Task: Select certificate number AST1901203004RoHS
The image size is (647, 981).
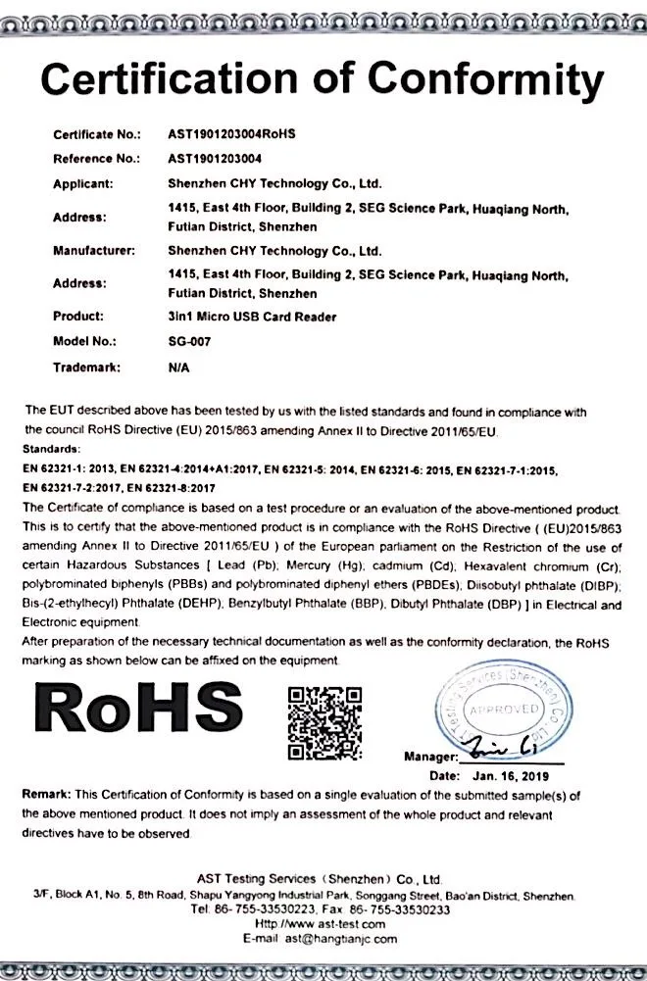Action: click(231, 133)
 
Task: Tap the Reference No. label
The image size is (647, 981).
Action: click(96, 158)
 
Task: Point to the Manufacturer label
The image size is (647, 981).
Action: click(93, 251)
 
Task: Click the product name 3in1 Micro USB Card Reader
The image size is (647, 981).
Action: click(252, 317)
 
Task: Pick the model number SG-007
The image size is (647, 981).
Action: click(190, 342)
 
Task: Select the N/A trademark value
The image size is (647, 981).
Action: click(178, 368)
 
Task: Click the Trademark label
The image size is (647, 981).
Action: click(85, 368)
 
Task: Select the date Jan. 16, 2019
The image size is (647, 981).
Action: click(517, 775)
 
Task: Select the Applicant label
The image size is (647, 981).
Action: click(83, 183)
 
